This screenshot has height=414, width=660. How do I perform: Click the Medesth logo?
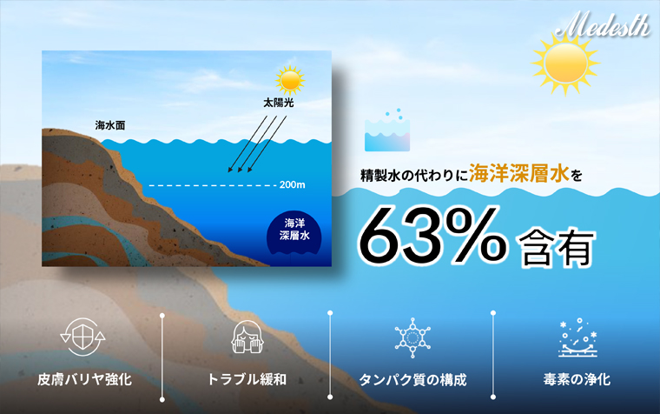coord(603,24)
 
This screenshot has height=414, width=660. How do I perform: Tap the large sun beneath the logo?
coord(565,63)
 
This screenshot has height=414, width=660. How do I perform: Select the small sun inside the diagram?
coord(290,80)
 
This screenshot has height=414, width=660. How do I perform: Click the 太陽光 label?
coord(278,103)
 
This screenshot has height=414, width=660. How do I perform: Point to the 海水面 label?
coord(110,125)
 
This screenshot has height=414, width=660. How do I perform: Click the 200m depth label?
coord(292,184)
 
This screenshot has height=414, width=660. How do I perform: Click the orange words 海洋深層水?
coord(519,173)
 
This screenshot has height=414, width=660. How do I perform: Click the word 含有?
coord(557,249)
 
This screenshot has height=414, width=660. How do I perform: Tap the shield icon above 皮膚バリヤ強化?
coord(82,337)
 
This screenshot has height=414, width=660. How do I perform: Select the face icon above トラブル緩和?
coord(247,337)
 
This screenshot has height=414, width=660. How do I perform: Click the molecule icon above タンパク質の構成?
coord(412,337)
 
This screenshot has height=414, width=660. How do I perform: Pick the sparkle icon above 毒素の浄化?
coord(577,337)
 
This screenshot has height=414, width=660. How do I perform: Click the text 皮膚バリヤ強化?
coord(84,379)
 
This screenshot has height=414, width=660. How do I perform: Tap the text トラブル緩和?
coord(247,379)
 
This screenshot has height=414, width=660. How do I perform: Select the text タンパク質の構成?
coord(412,380)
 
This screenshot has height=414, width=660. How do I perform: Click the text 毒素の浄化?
coord(577,379)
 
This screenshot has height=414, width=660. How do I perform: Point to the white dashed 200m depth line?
coord(213,185)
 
